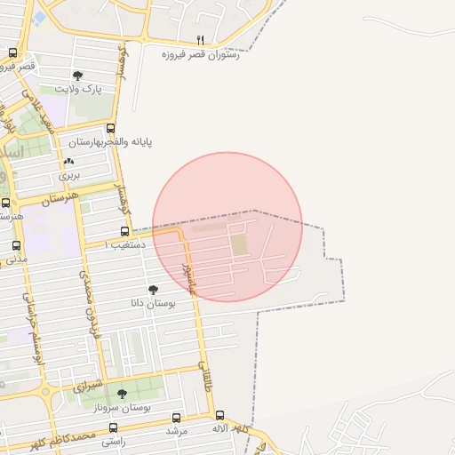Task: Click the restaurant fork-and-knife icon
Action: pyautogui.click(x=200, y=40)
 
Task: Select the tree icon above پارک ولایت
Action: pyautogui.click(x=77, y=76)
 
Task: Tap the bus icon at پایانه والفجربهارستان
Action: pyautogui.click(x=110, y=128)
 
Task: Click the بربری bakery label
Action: pyautogui.click(x=69, y=175)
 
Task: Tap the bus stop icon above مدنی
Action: pyautogui.click(x=16, y=245)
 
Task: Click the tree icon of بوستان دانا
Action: pyautogui.click(x=153, y=289)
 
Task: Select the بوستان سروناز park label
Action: pyautogui.click(x=123, y=407)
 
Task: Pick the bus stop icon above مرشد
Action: pyautogui.click(x=176, y=418)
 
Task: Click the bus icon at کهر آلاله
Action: pyautogui.click(x=220, y=415)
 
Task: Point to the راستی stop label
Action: pyautogui.click(x=112, y=441)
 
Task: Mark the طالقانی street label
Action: pyautogui.click(x=206, y=376)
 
